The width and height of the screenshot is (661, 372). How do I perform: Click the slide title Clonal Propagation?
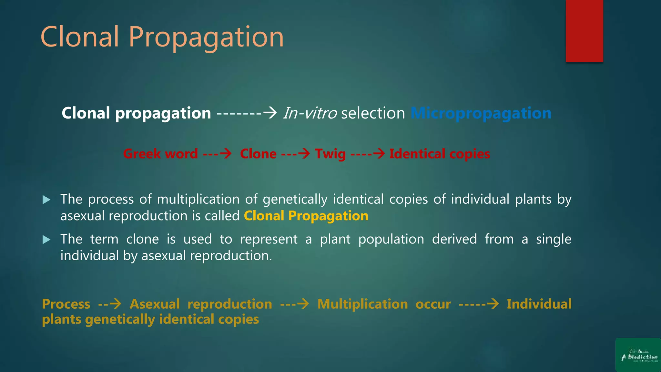[x=162, y=37]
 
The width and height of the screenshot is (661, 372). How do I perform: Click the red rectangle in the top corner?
[x=584, y=31]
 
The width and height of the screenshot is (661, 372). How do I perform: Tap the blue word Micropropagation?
[x=481, y=113]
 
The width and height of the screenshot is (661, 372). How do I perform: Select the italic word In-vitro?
[x=310, y=113]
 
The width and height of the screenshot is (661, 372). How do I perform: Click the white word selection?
[x=373, y=113]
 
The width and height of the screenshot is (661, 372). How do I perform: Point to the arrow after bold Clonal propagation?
[x=247, y=113]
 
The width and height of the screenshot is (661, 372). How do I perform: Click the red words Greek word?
[x=160, y=154]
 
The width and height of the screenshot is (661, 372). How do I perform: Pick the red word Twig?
[x=330, y=154]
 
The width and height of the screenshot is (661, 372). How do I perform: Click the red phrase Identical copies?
[x=440, y=154]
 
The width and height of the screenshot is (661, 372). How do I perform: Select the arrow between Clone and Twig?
[x=296, y=153]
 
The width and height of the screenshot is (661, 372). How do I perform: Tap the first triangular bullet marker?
[x=46, y=200]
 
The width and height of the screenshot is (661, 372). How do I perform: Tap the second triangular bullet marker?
[x=46, y=240]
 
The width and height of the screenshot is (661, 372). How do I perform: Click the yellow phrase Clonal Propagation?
[x=306, y=216]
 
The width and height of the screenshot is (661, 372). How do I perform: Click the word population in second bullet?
[x=391, y=239]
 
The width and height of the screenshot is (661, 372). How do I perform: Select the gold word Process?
[x=66, y=304]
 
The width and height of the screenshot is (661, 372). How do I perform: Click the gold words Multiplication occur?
[x=384, y=304]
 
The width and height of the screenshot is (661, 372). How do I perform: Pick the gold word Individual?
[x=539, y=304]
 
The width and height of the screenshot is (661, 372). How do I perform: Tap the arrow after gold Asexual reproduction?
[x=294, y=304]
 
